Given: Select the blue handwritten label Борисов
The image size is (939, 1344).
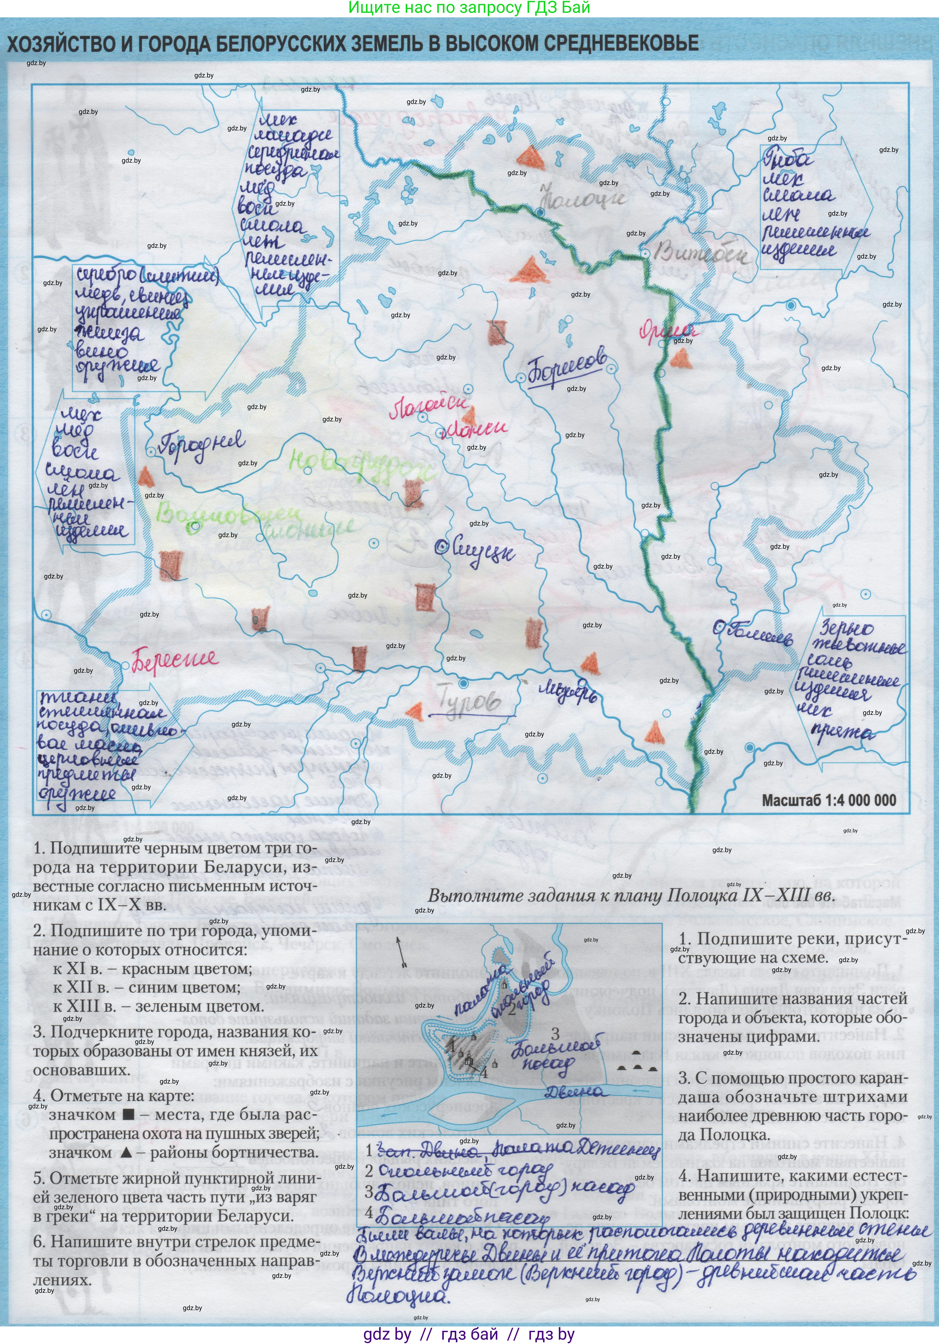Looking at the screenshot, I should pyautogui.click(x=566, y=369).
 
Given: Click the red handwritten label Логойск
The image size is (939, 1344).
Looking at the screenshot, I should pyautogui.click(x=429, y=407).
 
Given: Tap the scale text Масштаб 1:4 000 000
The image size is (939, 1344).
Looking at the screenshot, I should pyautogui.click(x=828, y=800).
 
